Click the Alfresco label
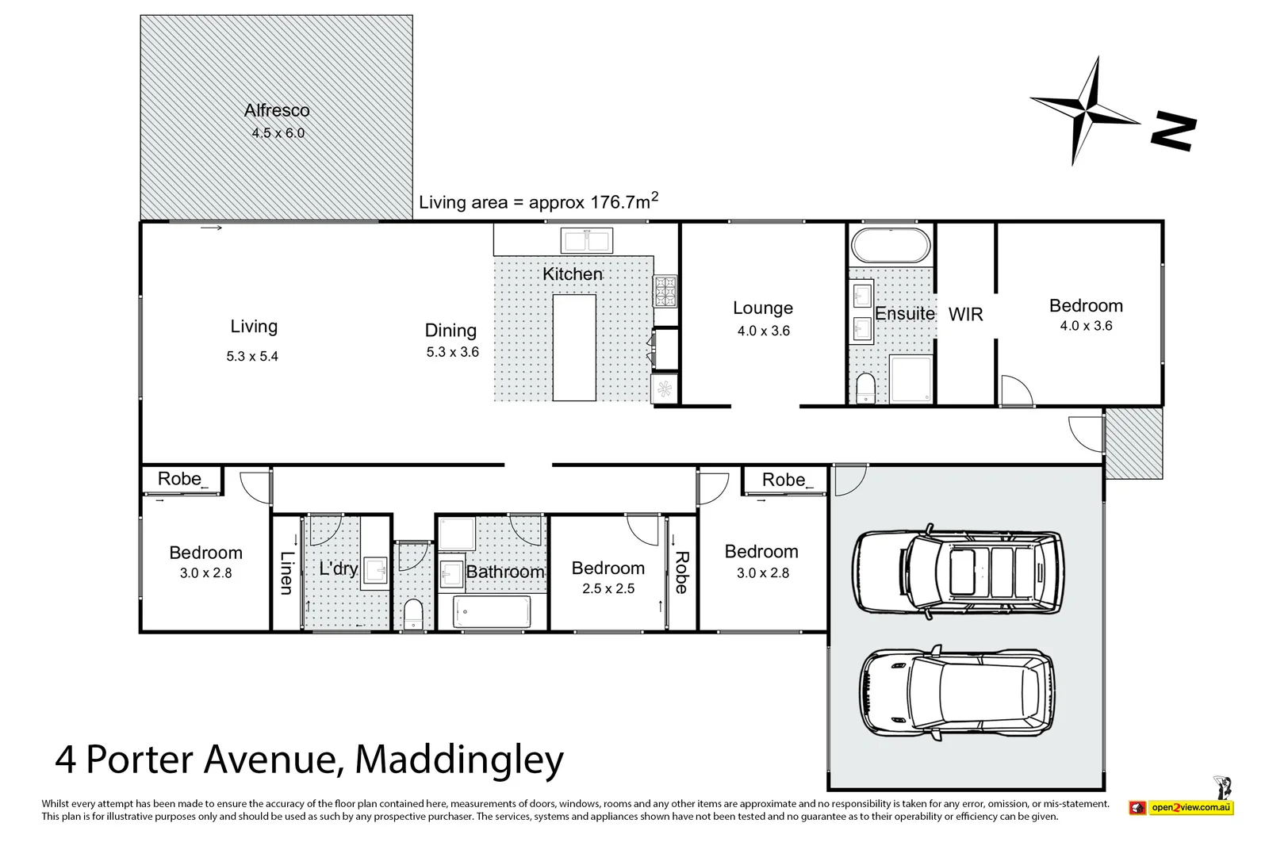(277, 111)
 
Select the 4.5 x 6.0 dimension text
(278, 133)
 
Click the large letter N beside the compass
(1173, 132)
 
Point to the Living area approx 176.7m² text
(538, 201)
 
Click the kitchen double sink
(586, 239)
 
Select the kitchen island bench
(574, 347)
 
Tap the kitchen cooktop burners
(665, 291)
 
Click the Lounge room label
(762, 308)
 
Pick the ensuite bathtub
(890, 246)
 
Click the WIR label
(965, 315)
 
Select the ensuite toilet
(865, 389)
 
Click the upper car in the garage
(957, 571)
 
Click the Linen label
(286, 572)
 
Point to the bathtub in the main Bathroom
(491, 612)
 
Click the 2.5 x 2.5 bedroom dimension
(608, 589)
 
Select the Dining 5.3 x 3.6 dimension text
(452, 352)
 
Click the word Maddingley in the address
(459, 760)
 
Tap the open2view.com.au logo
(1181, 808)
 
